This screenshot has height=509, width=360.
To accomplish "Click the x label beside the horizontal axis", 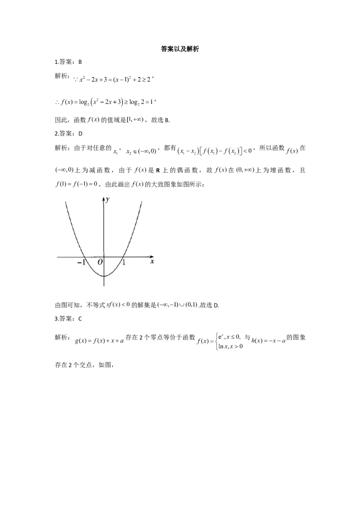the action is [x=153, y=261].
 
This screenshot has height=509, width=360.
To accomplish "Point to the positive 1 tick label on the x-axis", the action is [x=124, y=262].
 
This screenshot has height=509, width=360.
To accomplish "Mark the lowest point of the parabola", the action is [x=104, y=276].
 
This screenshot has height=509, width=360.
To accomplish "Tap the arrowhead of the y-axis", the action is [x=104, y=198].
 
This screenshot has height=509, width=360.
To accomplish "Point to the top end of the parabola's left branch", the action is [x=66, y=202].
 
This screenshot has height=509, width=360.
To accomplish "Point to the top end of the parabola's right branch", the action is [x=142, y=201].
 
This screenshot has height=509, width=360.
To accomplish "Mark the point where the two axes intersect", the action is [x=104, y=257].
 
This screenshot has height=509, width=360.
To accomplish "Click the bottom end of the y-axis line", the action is [x=104, y=286].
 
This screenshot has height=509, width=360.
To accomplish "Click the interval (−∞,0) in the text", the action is [x=64, y=170].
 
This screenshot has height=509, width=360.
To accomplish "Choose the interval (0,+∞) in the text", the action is [x=245, y=170].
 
